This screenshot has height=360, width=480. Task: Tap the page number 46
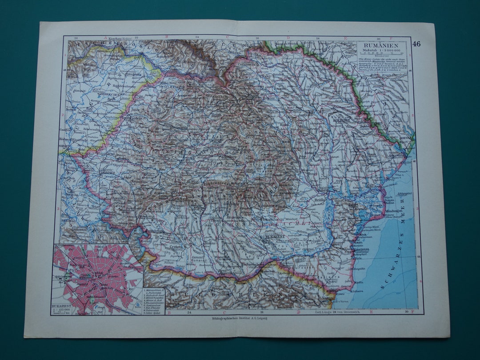coord(416,44)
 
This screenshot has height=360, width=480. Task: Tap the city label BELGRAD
coord(69,219)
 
